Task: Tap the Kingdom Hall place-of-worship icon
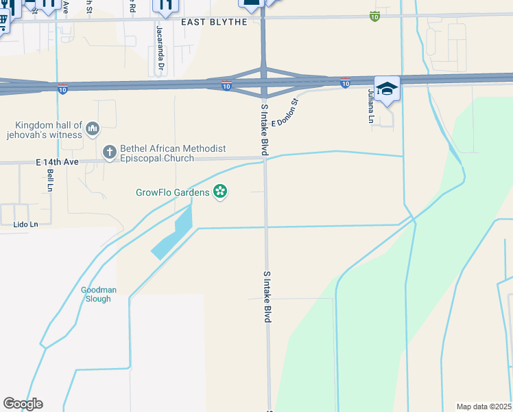pyautogui.click(x=93, y=128)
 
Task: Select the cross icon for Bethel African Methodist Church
pyautogui.click(x=110, y=151)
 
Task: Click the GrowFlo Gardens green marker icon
pyautogui.click(x=220, y=192)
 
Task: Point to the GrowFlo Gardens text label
pyautogui.click(x=171, y=192)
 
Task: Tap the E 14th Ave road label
pyautogui.click(x=58, y=162)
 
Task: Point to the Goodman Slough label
pyautogui.click(x=99, y=294)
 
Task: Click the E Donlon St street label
pyautogui.click(x=287, y=113)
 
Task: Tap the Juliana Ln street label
pyautogui.click(x=370, y=106)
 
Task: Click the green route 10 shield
pyautogui.click(x=374, y=16)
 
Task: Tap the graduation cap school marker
pyautogui.click(x=387, y=89)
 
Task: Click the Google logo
pyautogui.click(x=23, y=404)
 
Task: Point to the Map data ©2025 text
pyautogui.click(x=484, y=407)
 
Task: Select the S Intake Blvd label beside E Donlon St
pyautogui.click(x=264, y=129)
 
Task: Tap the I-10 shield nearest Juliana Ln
pyautogui.click(x=346, y=83)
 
